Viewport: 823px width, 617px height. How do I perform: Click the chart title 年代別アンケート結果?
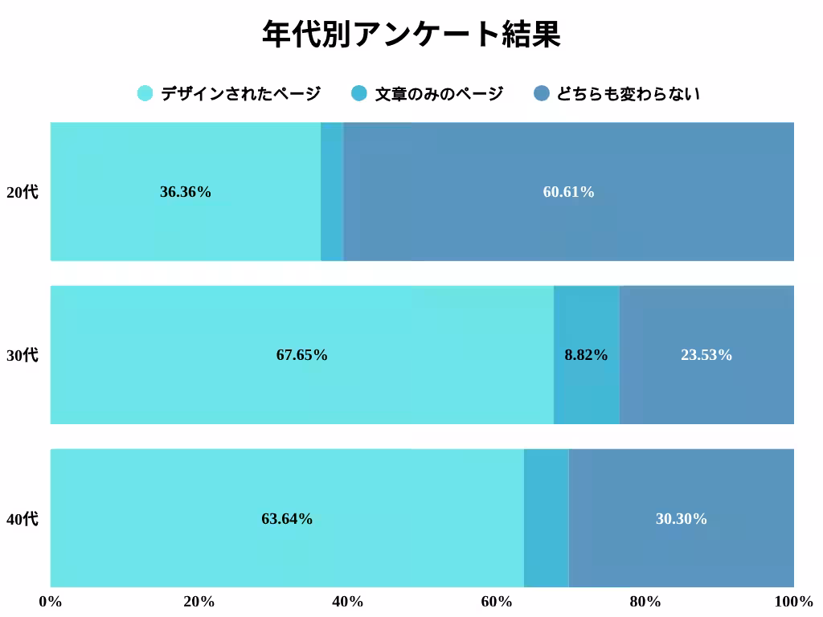coord(411,35)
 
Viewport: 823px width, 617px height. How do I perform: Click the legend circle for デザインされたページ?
coord(145,93)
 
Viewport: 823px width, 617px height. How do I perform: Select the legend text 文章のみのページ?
coord(439,94)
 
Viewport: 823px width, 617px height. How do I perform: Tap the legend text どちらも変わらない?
coord(628,94)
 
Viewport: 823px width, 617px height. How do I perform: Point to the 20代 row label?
coord(23,193)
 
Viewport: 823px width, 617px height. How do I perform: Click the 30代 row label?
coord(23,355)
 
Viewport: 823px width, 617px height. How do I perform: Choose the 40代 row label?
coord(23,519)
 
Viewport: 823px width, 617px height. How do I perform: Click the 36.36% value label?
coord(186,192)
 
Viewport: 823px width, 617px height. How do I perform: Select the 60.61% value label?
coord(568,192)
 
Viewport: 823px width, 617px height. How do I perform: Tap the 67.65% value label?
coord(301,355)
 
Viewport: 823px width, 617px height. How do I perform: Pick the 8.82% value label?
coord(586,355)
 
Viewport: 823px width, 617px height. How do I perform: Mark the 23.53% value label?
coord(706,355)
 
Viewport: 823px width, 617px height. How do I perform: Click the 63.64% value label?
coord(287,519)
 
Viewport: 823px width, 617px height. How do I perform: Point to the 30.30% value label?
coord(681,519)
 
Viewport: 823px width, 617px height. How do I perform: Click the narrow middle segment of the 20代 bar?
coord(332,192)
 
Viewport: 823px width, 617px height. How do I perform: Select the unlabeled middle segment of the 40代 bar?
coord(546,519)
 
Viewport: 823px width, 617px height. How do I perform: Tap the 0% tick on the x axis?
coord(51,602)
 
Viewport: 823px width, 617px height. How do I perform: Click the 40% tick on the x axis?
coord(348,602)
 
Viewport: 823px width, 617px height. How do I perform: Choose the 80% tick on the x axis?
coord(645,602)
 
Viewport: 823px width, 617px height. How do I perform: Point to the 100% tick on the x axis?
coord(793,602)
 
